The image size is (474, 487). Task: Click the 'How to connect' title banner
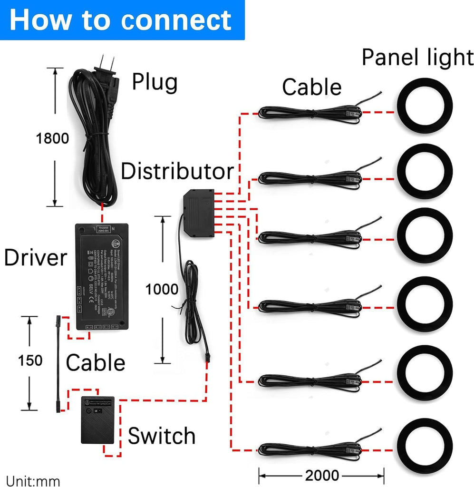pyautogui.click(x=122, y=19)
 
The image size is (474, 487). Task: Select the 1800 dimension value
pyautogui.click(x=52, y=138)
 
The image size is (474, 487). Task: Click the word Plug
pyautogui.click(x=155, y=82)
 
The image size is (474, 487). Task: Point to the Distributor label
pyautogui.click(x=177, y=171)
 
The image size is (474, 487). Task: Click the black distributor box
pyautogui.click(x=199, y=210)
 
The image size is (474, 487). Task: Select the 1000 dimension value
pyautogui.click(x=162, y=289)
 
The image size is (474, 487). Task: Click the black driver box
pyautogui.click(x=102, y=276)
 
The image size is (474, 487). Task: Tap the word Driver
pyautogui.click(x=35, y=258)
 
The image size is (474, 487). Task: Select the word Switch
pyautogui.click(x=162, y=436)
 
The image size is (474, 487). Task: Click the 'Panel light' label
pyautogui.click(x=417, y=58)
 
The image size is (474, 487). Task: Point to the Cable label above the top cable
pyautogui.click(x=311, y=88)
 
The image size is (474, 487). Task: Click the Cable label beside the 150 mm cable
pyautogui.click(x=95, y=363)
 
